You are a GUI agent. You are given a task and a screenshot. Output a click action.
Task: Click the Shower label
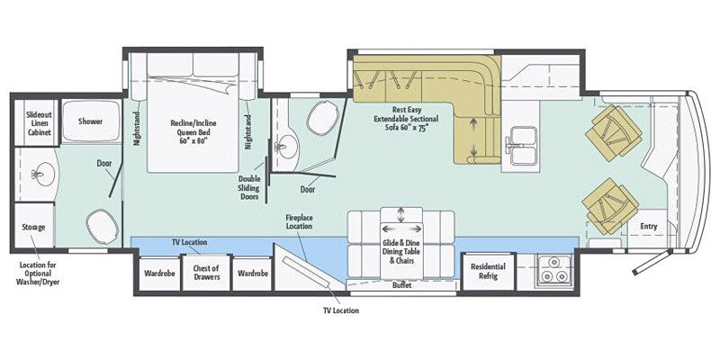[x=90, y=121]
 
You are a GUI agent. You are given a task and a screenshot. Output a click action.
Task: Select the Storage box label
[x=34, y=227]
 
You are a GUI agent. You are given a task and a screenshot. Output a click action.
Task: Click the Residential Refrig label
[x=488, y=272]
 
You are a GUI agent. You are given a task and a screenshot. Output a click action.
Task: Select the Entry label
[x=646, y=225]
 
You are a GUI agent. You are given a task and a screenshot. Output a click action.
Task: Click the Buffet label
[x=403, y=286]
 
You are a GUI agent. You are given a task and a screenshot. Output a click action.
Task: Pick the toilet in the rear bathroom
[x=102, y=224]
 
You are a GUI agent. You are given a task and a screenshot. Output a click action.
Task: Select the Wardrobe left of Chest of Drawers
[x=157, y=273]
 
